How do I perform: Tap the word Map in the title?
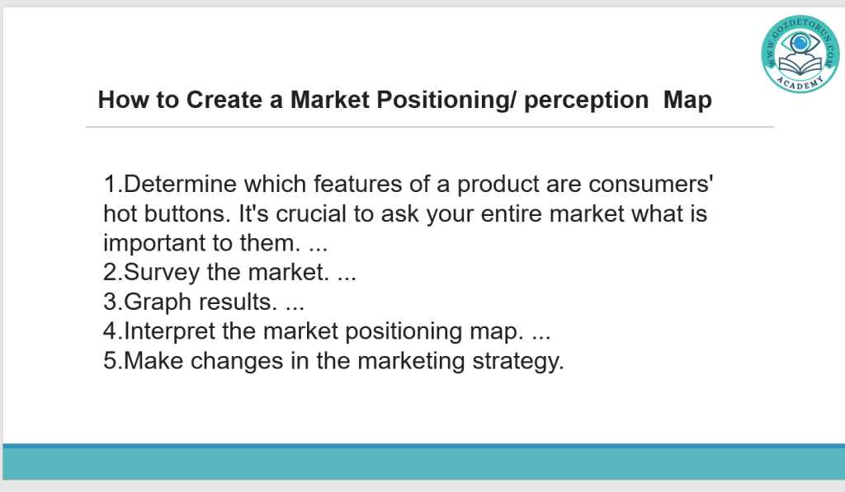pyautogui.click(x=687, y=101)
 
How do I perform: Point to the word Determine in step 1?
pyautogui.click(x=180, y=184)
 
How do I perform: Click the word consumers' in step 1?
pyautogui.click(x=650, y=184)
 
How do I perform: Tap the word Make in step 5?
pyautogui.click(x=153, y=361)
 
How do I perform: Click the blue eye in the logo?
pyautogui.click(x=800, y=43)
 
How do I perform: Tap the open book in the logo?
pyautogui.click(x=800, y=67)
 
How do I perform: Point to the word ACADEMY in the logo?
pyautogui.click(x=800, y=83)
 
